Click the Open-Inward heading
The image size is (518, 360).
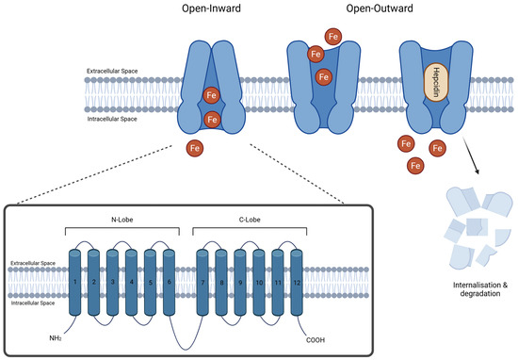click(x=211, y=8)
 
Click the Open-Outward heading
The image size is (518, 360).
click(x=380, y=8)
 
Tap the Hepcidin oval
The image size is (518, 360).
click(x=436, y=82)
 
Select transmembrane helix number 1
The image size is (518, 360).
click(x=75, y=283)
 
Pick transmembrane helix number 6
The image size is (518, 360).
click(x=170, y=283)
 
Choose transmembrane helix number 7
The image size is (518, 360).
click(x=202, y=283)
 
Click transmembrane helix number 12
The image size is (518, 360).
click(x=297, y=283)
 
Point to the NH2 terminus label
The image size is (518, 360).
click(x=56, y=338)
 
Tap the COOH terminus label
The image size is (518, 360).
click(x=316, y=340)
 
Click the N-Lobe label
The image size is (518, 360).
click(x=121, y=220)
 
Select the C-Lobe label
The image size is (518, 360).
click(x=250, y=220)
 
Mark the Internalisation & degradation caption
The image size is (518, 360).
click(x=480, y=289)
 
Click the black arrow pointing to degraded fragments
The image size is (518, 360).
click(x=471, y=155)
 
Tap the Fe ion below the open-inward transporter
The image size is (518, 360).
click(x=195, y=148)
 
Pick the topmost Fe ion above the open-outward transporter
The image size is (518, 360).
click(x=333, y=37)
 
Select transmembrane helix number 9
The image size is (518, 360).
click(x=240, y=283)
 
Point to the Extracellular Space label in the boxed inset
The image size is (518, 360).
click(x=33, y=263)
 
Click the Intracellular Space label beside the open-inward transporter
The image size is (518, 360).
click(x=112, y=119)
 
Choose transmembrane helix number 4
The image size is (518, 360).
click(x=132, y=283)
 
